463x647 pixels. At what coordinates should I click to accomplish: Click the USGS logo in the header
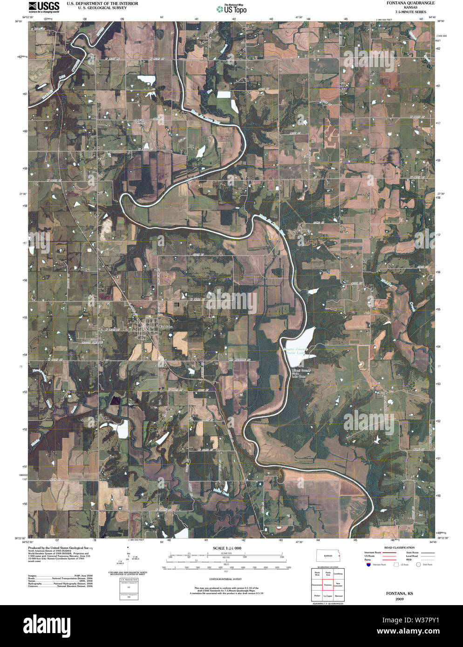[44, 7]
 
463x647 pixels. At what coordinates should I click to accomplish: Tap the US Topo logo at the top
[232, 9]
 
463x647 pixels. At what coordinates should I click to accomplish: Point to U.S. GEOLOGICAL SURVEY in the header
[96, 8]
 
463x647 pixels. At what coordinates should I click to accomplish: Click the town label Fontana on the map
[166, 327]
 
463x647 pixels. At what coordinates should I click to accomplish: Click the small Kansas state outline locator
[328, 556]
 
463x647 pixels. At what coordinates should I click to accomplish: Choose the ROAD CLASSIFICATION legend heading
[399, 548]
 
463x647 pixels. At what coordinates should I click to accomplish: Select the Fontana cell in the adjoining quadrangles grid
[328, 585]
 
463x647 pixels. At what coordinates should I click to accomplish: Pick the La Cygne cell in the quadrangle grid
[328, 596]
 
